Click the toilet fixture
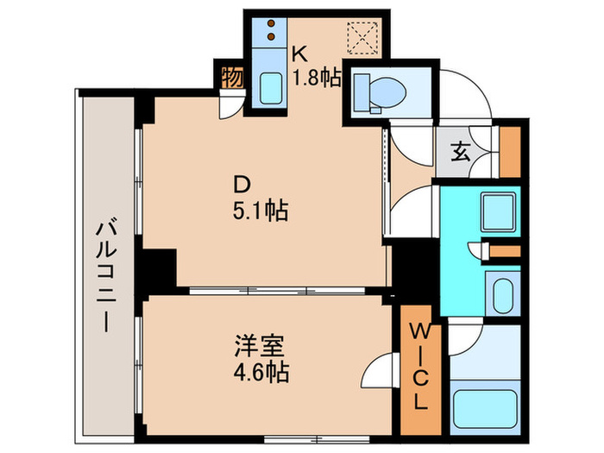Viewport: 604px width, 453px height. click(381, 88)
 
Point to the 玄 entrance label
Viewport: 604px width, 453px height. click(460, 156)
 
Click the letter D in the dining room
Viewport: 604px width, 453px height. click(244, 184)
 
